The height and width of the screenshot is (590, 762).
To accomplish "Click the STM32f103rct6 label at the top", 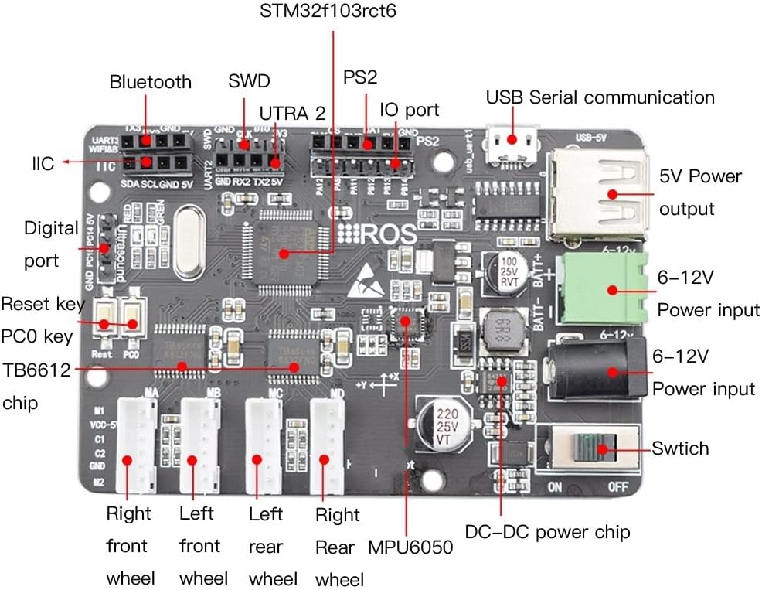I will click(333, 12).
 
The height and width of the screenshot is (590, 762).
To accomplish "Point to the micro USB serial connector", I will click(510, 138).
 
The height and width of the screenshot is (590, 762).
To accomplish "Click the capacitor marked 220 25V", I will click(443, 425).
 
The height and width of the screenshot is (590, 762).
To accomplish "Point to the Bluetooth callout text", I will click(150, 82).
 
